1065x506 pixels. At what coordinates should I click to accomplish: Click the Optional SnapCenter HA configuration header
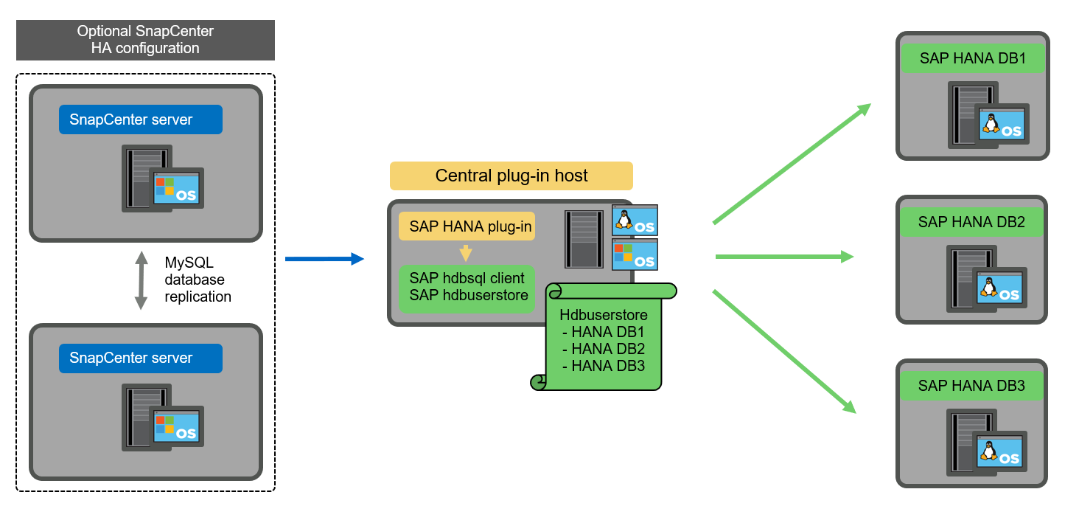pyautogui.click(x=145, y=40)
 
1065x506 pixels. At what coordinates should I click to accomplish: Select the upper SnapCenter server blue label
pyautogui.click(x=140, y=119)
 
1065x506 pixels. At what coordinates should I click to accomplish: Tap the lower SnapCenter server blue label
pyautogui.click(x=140, y=358)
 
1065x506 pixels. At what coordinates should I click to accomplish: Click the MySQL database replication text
pyautogui.click(x=198, y=280)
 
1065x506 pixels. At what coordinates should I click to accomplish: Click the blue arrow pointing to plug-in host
pyautogui.click(x=324, y=258)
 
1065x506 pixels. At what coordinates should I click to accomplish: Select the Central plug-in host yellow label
pyautogui.click(x=511, y=176)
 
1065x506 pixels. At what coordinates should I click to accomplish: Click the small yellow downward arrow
pyautogui.click(x=465, y=254)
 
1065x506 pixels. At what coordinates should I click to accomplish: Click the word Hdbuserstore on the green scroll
pyautogui.click(x=603, y=315)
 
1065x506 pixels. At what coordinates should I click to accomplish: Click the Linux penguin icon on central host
pyautogui.click(x=625, y=219)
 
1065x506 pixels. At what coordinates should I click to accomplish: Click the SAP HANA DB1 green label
pyautogui.click(x=972, y=58)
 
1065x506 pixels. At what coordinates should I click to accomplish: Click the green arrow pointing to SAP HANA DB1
pyautogui.click(x=792, y=163)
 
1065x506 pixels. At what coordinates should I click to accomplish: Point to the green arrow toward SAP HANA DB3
pyautogui.click(x=785, y=351)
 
